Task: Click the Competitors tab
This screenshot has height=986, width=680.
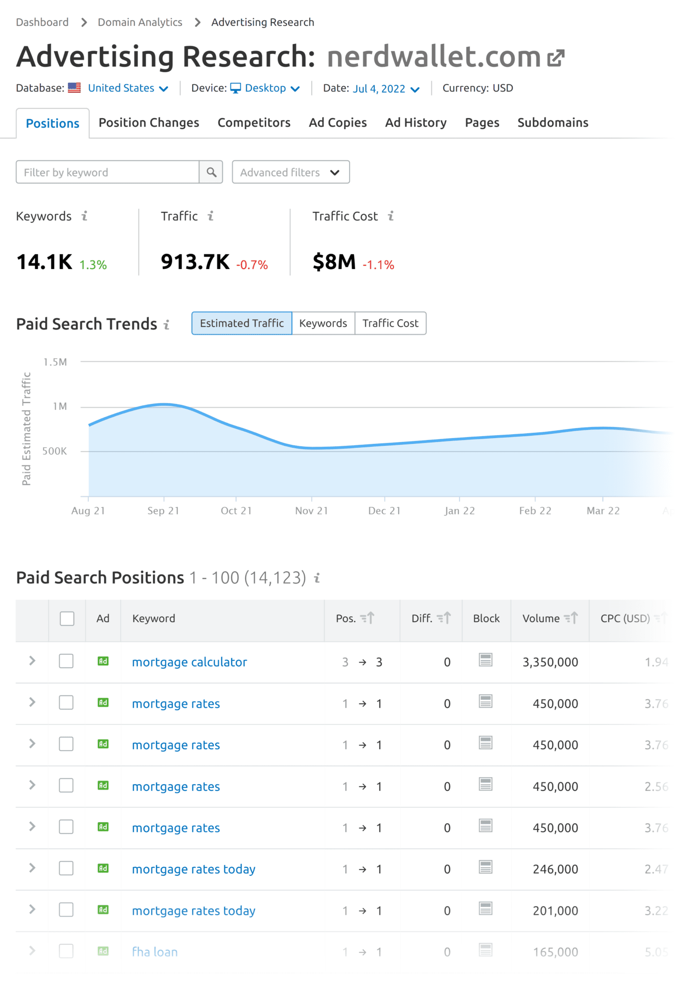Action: (x=254, y=123)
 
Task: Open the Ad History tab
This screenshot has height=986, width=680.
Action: (x=416, y=123)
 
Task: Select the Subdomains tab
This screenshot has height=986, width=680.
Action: (x=552, y=123)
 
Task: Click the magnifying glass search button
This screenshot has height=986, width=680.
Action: (x=211, y=172)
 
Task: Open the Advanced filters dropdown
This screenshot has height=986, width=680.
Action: (x=290, y=172)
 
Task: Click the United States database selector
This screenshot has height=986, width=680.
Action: (x=127, y=88)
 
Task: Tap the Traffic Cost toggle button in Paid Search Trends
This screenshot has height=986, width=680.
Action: (x=390, y=323)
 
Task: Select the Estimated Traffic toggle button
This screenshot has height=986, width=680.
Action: (x=242, y=323)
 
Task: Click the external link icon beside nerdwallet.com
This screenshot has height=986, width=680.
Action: (x=556, y=58)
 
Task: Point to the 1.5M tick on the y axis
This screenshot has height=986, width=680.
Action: (x=55, y=362)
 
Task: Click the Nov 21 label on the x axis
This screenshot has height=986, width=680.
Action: (x=312, y=511)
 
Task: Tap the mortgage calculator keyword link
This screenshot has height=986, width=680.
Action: (x=189, y=662)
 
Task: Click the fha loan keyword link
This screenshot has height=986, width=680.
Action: (x=155, y=952)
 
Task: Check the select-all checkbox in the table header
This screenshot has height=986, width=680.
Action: (x=67, y=618)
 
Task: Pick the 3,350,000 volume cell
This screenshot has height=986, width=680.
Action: (x=550, y=662)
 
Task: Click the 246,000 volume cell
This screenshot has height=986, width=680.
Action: (x=555, y=869)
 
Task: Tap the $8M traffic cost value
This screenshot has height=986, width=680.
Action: (x=334, y=262)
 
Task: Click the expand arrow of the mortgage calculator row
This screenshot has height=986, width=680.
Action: (x=32, y=661)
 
